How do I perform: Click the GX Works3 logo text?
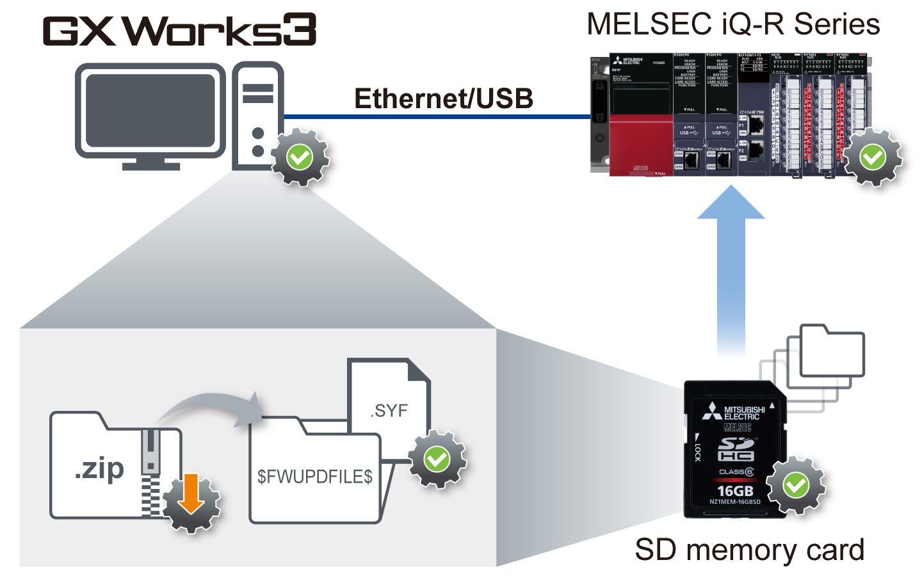[179, 30]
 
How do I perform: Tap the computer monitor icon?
[150, 112]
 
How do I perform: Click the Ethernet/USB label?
[444, 99]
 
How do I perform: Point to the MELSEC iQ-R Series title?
[733, 24]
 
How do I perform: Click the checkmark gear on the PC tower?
[300, 157]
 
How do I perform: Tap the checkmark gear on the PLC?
[872, 157]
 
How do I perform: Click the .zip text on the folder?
[99, 468]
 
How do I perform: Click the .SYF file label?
[389, 410]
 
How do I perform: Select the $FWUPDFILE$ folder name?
[314, 476]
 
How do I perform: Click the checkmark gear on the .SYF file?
[437, 460]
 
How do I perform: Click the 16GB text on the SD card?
[735, 491]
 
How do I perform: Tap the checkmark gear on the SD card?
[796, 486]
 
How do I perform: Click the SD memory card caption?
[749, 550]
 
